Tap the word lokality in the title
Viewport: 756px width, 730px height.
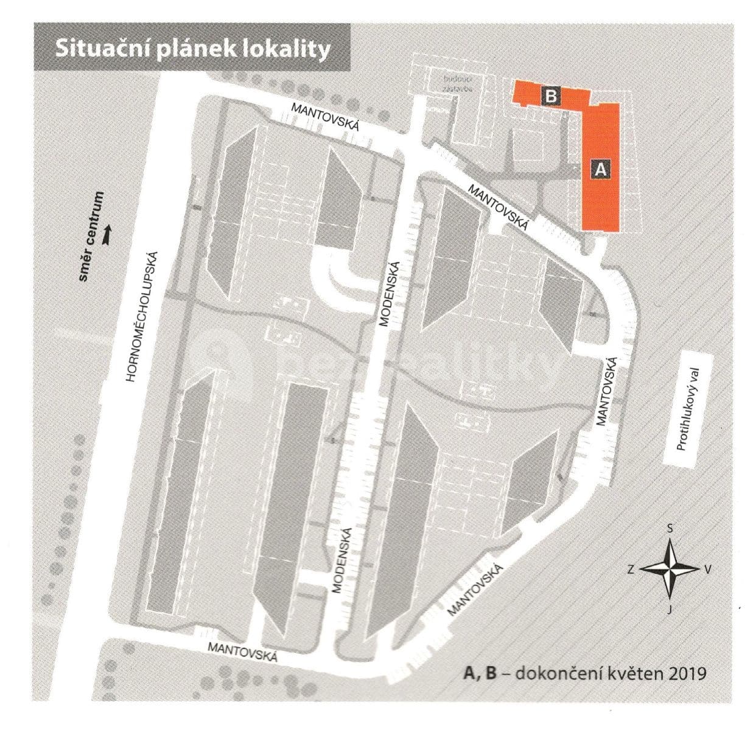[288, 49]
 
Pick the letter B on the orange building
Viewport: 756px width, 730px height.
[550, 96]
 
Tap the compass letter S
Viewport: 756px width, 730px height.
[670, 529]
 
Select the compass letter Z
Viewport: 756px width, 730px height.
[631, 570]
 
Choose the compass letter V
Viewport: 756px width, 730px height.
[707, 570]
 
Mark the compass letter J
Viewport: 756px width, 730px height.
[669, 610]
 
